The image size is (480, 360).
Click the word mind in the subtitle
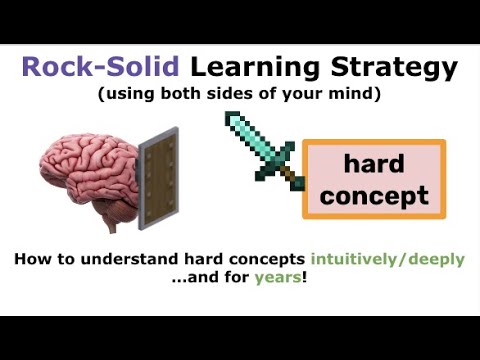pos(356,96)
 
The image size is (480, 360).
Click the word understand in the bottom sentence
pos(124,259)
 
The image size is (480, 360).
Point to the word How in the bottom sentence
pos(32,259)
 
